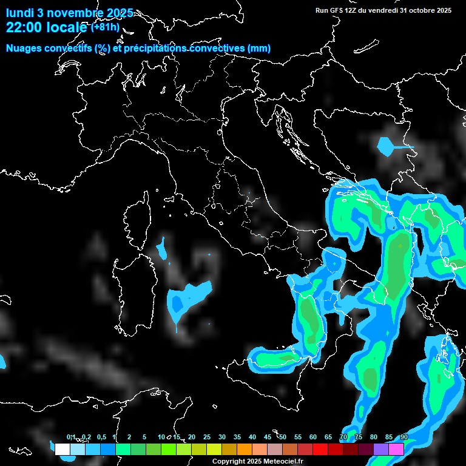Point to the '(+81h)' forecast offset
(106, 27)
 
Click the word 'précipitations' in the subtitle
(153, 48)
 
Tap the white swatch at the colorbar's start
(62, 450)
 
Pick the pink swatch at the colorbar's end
(396, 450)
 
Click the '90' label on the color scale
(404, 437)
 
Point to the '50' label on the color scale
(282, 437)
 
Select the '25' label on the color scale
(206, 437)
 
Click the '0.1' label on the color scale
(70, 437)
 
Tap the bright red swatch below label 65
(320, 450)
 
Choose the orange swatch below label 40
(245, 450)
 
